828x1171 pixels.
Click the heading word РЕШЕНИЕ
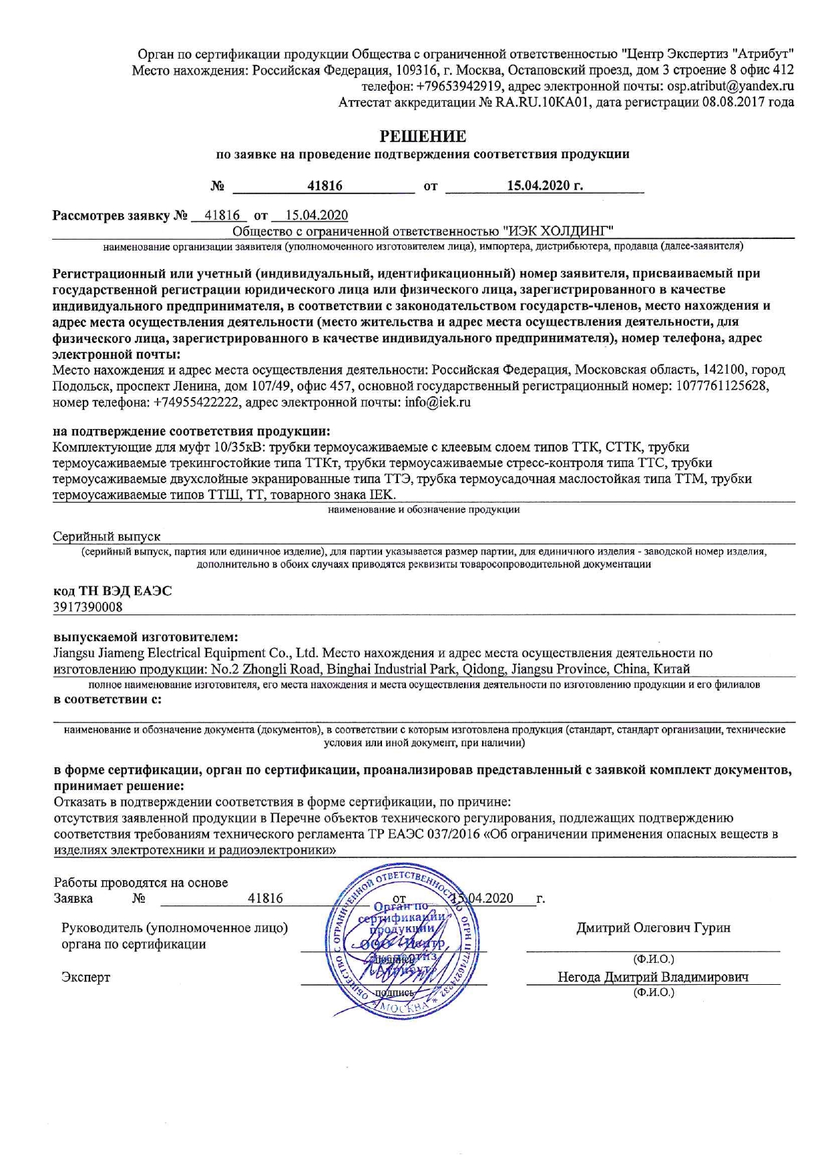click(x=423, y=136)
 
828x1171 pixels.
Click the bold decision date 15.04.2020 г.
click(x=544, y=185)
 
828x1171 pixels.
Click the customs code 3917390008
click(x=87, y=607)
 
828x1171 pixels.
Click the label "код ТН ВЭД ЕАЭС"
click(x=112, y=591)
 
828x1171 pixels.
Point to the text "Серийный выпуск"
click(x=107, y=536)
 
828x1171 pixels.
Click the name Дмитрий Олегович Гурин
click(x=653, y=927)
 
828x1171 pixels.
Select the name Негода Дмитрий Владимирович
click(x=652, y=977)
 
